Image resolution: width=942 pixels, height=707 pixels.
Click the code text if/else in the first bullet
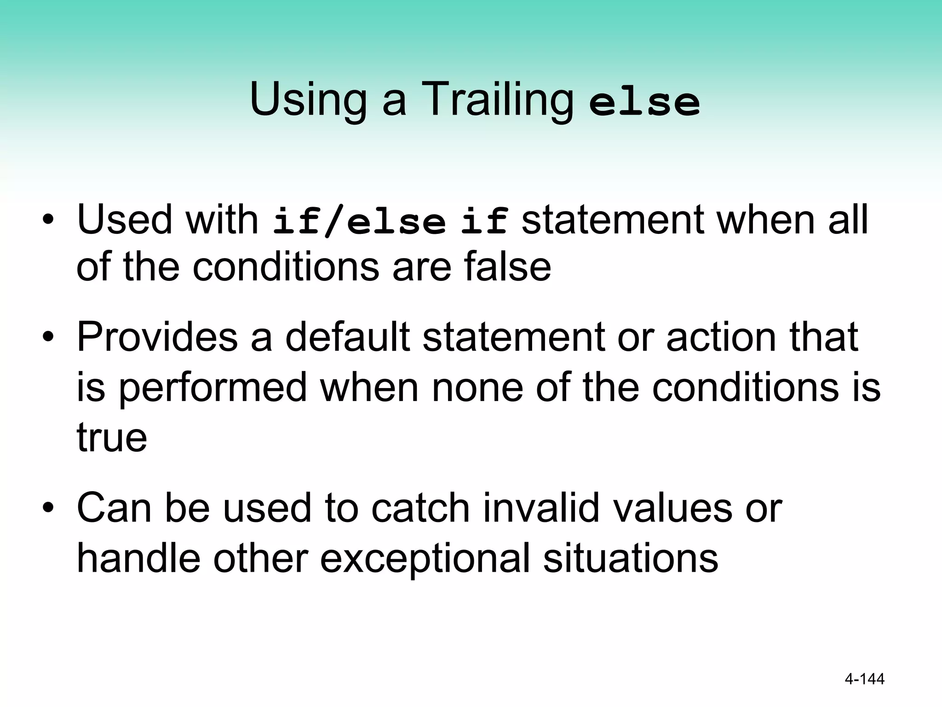tap(359, 221)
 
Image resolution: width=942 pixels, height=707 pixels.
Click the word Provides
tap(157, 337)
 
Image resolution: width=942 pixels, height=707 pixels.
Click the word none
tap(477, 388)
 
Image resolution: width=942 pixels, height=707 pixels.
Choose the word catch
tap(420, 508)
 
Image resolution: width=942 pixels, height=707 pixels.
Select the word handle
tap(138, 558)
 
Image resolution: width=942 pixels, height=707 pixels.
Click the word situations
tap(630, 558)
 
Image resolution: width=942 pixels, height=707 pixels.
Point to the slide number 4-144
tap(865, 679)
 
